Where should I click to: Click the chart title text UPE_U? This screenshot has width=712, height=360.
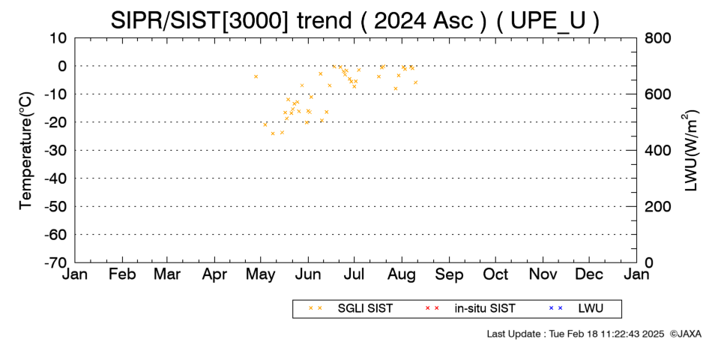point(548,21)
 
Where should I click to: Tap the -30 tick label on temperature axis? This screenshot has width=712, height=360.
point(55,151)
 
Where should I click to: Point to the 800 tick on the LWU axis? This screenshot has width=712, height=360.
point(657,38)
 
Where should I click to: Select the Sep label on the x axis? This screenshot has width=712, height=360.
point(449,274)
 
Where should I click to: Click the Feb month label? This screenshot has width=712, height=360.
point(122,274)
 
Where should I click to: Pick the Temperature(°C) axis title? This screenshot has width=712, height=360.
point(26,151)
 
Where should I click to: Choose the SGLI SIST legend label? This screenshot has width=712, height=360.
point(365,309)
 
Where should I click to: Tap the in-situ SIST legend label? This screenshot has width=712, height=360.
point(485,309)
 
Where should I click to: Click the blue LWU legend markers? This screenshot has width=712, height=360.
point(555,308)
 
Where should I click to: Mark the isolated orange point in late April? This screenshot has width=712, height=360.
point(256,76)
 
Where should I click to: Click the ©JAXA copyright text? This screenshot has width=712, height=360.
point(685,334)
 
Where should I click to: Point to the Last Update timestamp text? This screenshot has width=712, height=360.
point(576,334)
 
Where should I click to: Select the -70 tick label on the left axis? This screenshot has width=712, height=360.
point(55,262)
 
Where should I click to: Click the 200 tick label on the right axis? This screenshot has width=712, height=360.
point(657,206)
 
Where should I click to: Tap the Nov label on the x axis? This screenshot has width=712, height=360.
point(543,274)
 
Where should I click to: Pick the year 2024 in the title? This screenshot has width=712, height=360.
point(398,21)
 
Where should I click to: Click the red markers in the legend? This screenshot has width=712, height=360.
point(432,308)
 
